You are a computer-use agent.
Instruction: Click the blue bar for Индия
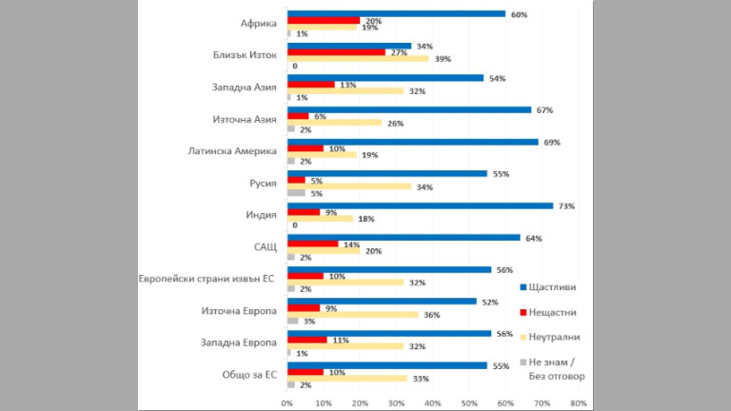420,205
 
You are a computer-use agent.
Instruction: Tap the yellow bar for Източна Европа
352,314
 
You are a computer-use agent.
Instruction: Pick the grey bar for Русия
296,193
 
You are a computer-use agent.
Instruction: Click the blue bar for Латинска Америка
412,142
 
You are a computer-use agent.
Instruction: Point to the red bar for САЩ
312,244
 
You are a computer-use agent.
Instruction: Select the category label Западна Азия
245,88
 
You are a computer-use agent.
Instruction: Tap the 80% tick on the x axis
578,403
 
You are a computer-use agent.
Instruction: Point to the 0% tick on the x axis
287,403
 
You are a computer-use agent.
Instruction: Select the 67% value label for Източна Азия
544,109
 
